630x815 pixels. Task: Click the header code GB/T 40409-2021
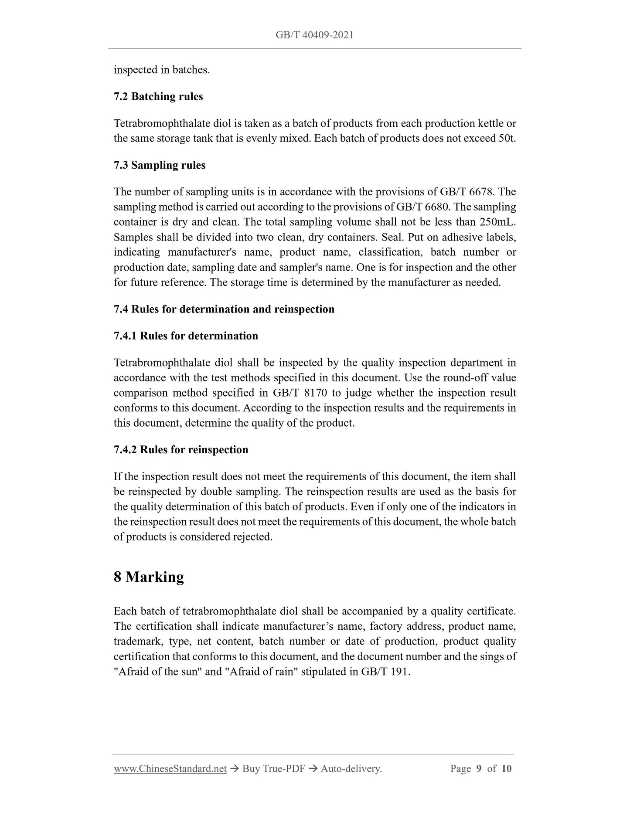(314, 35)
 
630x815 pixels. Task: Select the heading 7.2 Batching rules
(158, 96)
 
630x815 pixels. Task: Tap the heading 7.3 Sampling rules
(160, 165)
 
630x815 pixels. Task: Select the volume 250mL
(497, 222)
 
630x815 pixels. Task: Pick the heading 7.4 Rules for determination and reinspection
(224, 309)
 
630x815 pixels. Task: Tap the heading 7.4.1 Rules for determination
(186, 336)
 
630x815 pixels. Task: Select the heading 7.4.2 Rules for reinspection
(181, 449)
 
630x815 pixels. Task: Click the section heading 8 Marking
(149, 577)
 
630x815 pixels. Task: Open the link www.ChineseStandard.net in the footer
(170, 768)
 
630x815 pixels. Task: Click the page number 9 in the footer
(479, 768)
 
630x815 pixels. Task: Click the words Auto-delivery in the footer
(351, 768)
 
